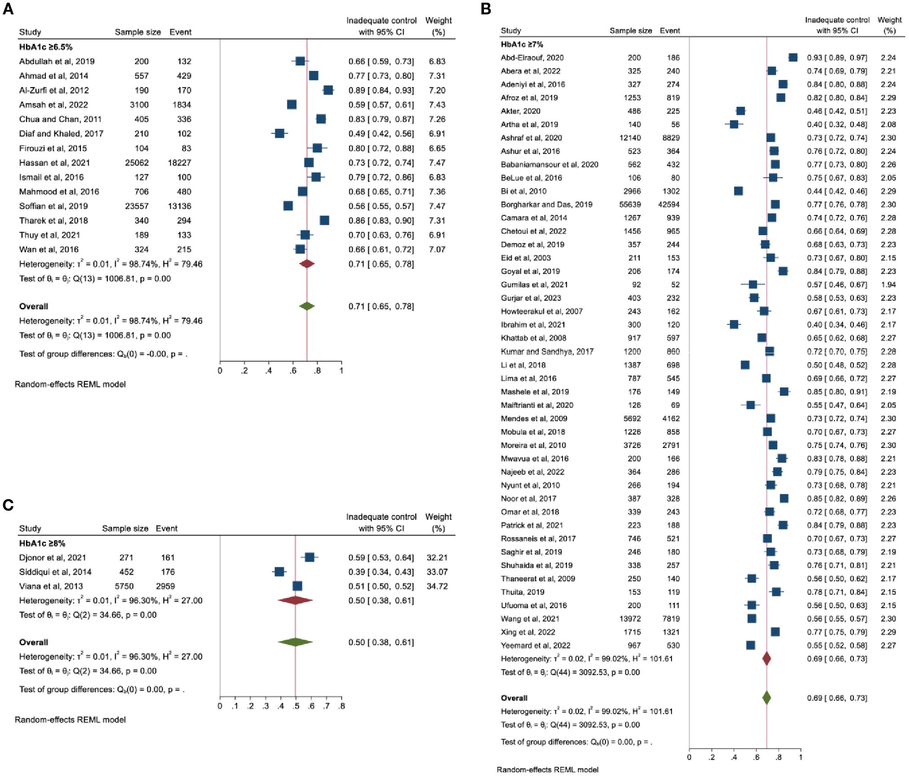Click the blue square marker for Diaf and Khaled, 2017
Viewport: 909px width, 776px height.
[279, 133]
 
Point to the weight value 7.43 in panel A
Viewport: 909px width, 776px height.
[437, 105]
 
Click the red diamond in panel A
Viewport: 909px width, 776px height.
[307, 264]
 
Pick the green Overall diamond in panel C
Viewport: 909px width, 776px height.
[295, 642]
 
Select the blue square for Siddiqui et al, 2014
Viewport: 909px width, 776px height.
[279, 572]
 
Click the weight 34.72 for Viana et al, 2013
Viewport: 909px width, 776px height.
[437, 586]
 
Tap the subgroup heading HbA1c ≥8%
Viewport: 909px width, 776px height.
[42, 543]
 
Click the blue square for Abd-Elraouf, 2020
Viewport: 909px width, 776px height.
[793, 57]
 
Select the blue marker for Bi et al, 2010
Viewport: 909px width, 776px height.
[738, 191]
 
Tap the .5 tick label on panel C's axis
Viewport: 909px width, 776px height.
[296, 706]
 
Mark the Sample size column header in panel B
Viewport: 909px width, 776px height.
[630, 31]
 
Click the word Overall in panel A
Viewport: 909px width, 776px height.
[34, 307]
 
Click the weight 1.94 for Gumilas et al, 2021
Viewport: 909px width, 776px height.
[888, 285]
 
